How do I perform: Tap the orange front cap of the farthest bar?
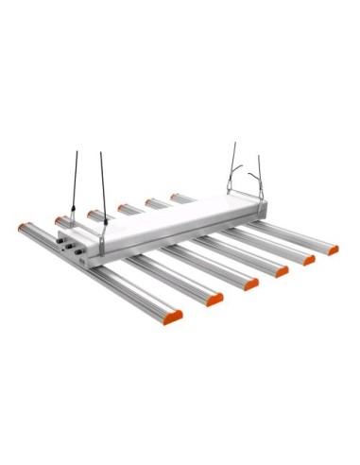pyautogui.click(x=332, y=250)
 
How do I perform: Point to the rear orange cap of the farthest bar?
pyautogui.click(x=175, y=198)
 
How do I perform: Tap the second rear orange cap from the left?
pyautogui.click(x=60, y=220)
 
